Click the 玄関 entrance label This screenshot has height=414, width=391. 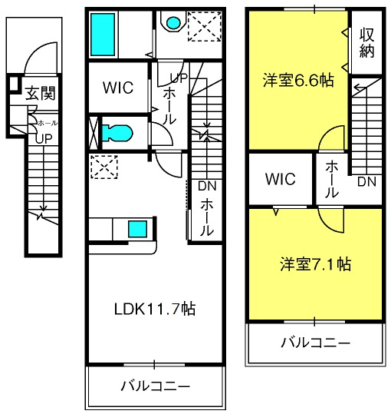tap(41, 93)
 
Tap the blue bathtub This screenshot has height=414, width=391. tap(103, 35)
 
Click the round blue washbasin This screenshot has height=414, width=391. tap(173, 23)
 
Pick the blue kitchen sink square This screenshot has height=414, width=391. tap(137, 229)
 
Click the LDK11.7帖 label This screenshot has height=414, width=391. tap(155, 309)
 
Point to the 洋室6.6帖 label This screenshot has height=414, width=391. tap(298, 80)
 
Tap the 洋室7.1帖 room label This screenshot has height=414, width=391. tap(315, 263)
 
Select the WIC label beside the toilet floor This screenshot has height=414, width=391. tap(118, 88)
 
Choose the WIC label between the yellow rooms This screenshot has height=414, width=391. tap(281, 179)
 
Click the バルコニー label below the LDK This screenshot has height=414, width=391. tap(156, 386)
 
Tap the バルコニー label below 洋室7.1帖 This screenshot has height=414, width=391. tap(316, 343)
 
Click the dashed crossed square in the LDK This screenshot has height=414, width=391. tap(104, 167)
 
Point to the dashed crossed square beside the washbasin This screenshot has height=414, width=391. tap(205, 26)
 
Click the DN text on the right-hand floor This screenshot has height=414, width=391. tap(366, 181)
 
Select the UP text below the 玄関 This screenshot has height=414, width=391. tap(44, 138)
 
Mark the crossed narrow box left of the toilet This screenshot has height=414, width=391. tap(94, 133)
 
